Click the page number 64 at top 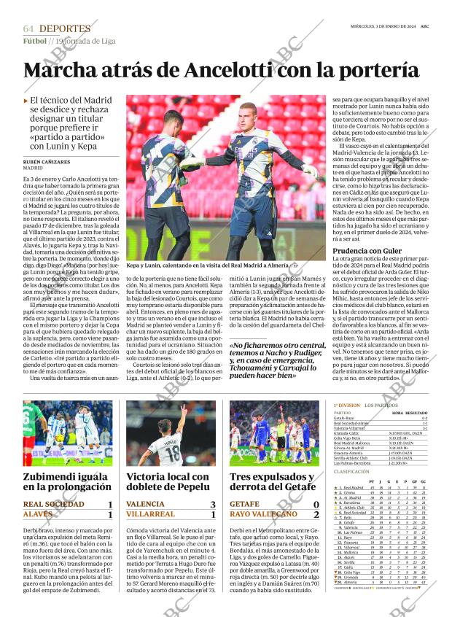click(x=28, y=28)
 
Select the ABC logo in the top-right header click(x=424, y=26)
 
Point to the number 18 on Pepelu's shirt click(x=171, y=454)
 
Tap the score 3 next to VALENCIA click(x=213, y=504)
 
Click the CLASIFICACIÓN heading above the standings click(x=351, y=472)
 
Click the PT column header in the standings click(x=373, y=481)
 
